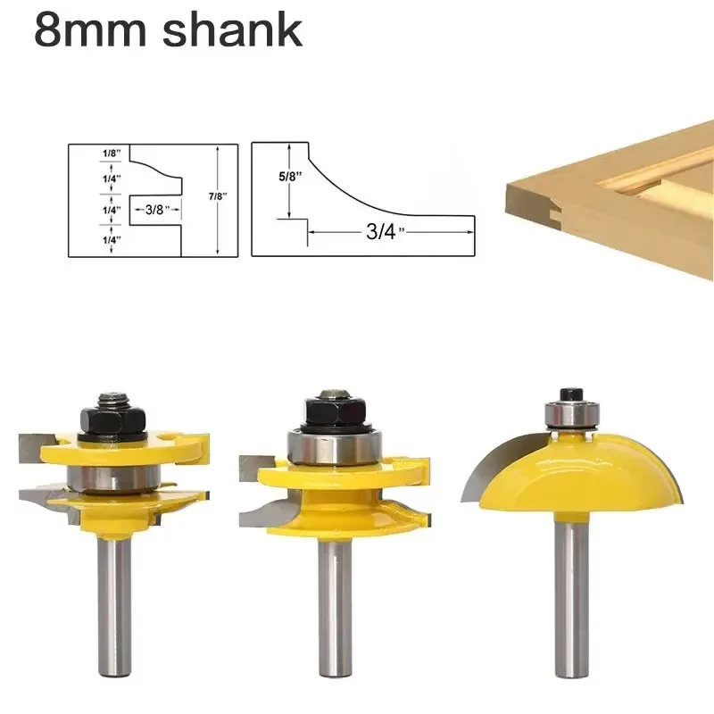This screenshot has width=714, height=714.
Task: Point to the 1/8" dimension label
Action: pyautogui.click(x=112, y=154)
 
